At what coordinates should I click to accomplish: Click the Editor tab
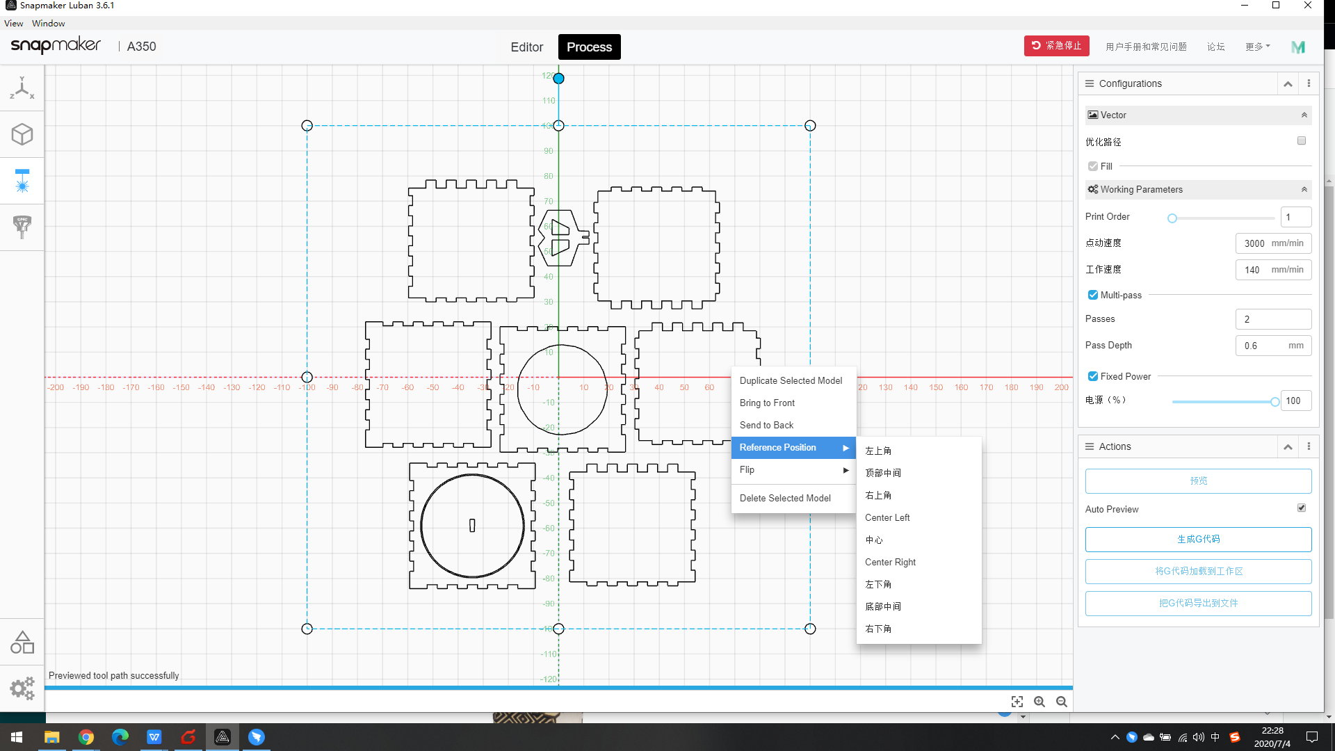526,47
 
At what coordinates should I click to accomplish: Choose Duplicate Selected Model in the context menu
791,380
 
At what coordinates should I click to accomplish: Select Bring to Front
767,403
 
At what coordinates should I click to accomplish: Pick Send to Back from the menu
766,425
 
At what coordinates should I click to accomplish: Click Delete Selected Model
785,498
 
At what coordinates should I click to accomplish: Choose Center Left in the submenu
887,517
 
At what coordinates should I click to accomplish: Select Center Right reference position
890,562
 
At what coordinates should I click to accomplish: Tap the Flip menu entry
747,469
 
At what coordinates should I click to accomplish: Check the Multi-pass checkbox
1093,295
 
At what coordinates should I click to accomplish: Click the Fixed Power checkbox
1093,376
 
